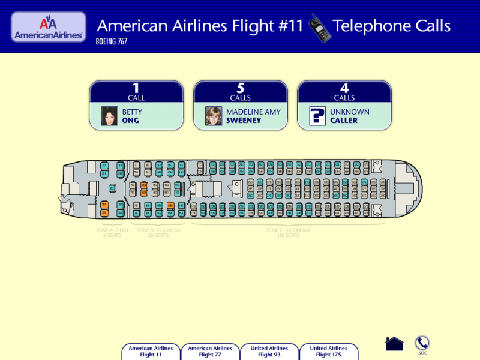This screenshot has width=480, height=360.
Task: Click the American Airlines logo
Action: coord(48,27)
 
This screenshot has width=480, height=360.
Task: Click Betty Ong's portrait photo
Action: coord(109,116)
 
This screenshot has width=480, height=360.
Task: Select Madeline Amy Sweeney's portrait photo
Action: coord(214,116)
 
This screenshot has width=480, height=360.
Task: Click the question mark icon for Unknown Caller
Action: coord(317,116)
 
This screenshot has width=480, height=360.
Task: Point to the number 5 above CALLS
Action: coord(240,88)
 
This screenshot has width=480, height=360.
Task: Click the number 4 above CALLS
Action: coord(344,88)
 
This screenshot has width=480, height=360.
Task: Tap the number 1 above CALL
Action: coord(136,88)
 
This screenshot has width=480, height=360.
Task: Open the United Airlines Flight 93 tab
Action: coord(269,352)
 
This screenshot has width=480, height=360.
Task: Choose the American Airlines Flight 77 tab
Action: coord(210,352)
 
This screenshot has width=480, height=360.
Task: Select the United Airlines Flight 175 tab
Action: coord(329,352)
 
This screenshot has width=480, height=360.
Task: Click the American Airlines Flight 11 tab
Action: coord(151,352)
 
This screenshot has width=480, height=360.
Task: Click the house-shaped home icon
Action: coord(394,344)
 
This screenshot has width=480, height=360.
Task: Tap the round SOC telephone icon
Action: coord(423,343)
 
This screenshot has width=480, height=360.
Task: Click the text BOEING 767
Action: coord(112,42)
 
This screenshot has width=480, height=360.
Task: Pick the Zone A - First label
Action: coord(112,232)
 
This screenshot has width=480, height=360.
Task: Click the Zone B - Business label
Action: coord(158,232)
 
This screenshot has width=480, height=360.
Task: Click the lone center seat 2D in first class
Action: coord(112,188)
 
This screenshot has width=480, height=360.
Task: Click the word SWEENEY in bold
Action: coord(243,121)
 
